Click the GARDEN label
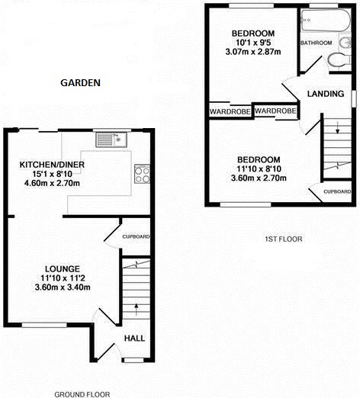[x=80, y=82]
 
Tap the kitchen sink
[x=111, y=140]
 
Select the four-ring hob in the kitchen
[x=142, y=174]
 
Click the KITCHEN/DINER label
[x=52, y=165]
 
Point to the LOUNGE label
[x=63, y=268]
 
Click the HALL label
[x=134, y=338]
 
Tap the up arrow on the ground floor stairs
[x=137, y=310]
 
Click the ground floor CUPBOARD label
[x=136, y=236]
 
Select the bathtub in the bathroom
[x=326, y=21]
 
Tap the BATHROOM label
[x=317, y=43]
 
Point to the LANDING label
[x=326, y=94]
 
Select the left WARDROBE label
[x=230, y=112]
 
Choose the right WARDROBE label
[x=275, y=111]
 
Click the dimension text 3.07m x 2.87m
[x=253, y=52]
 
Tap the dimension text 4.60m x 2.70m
[x=52, y=183]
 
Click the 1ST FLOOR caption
[x=284, y=239]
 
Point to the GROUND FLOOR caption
[x=82, y=394]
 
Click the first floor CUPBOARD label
[x=337, y=191]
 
